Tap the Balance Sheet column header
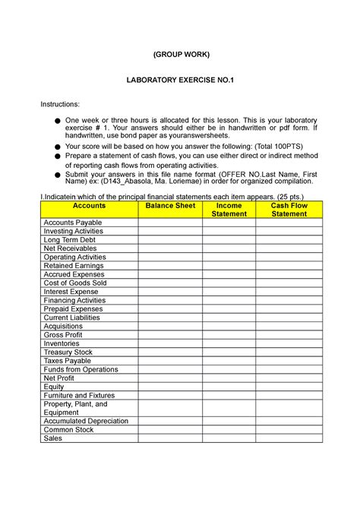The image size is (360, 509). pyautogui.click(x=170, y=206)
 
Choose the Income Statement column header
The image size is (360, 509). pyautogui.click(x=229, y=210)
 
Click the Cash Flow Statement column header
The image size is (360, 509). pyautogui.click(x=289, y=210)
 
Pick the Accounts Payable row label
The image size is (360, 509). pyautogui.click(x=72, y=223)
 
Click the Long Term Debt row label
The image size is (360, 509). pyautogui.click(x=70, y=240)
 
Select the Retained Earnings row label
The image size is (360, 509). pyautogui.click(x=74, y=266)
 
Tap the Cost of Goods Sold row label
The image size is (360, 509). pyautogui.click(x=75, y=283)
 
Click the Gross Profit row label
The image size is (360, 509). pyautogui.click(x=65, y=334)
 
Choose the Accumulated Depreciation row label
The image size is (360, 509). pyautogui.click(x=86, y=421)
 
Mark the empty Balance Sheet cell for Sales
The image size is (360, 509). pyautogui.click(x=170, y=438)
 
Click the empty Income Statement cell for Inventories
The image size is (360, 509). pyautogui.click(x=229, y=343)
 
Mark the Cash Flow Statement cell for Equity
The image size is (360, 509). pyautogui.click(x=289, y=386)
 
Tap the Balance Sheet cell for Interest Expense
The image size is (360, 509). pyautogui.click(x=170, y=292)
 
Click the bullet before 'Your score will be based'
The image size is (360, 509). pyautogui.click(x=56, y=147)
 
